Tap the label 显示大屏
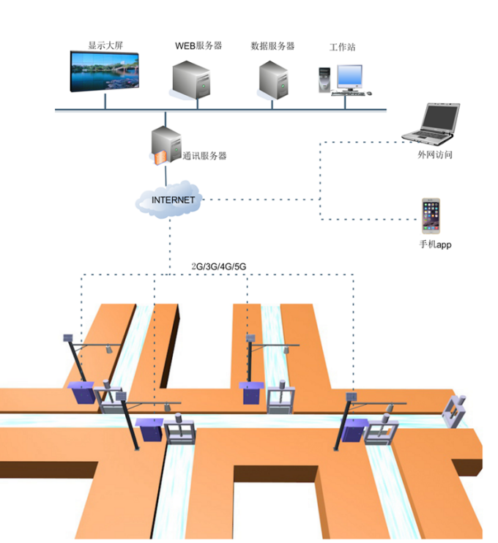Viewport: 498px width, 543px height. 105,45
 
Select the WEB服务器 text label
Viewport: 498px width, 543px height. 198,45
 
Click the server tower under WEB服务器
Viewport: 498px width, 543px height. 193,80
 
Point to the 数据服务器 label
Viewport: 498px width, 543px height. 272,45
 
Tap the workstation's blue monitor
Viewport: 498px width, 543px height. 349,76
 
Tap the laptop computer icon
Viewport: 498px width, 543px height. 432,123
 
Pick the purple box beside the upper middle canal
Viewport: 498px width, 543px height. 251,392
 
